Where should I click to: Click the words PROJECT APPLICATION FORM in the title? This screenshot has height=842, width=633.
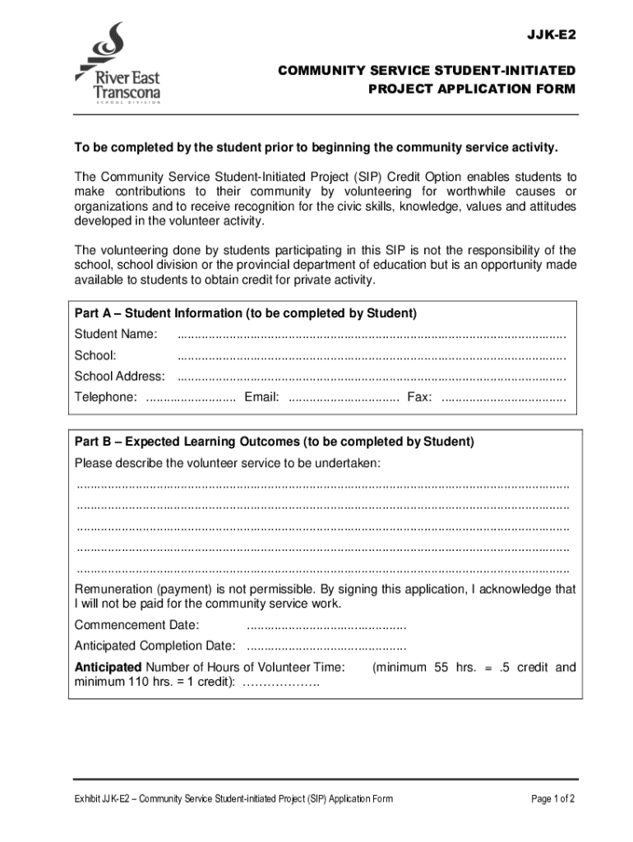click(472, 89)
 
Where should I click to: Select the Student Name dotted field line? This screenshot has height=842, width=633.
click(372, 335)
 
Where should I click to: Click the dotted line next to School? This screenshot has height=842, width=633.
click(372, 356)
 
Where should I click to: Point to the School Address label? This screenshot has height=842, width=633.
click(119, 377)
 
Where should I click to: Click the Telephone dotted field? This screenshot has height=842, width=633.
click(190, 398)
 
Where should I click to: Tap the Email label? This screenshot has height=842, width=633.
click(261, 398)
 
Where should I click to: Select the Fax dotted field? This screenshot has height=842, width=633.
click(503, 398)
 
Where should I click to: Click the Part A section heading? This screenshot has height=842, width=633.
click(246, 313)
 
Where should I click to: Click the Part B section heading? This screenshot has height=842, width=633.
click(274, 442)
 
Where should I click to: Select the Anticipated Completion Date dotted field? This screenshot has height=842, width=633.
click(326, 645)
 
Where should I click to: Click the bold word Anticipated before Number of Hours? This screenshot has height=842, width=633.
click(108, 667)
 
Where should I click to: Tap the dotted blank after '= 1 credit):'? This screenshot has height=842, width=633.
click(280, 683)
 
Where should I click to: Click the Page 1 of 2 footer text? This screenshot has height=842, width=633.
click(552, 798)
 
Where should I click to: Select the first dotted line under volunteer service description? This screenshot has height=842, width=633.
click(322, 484)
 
